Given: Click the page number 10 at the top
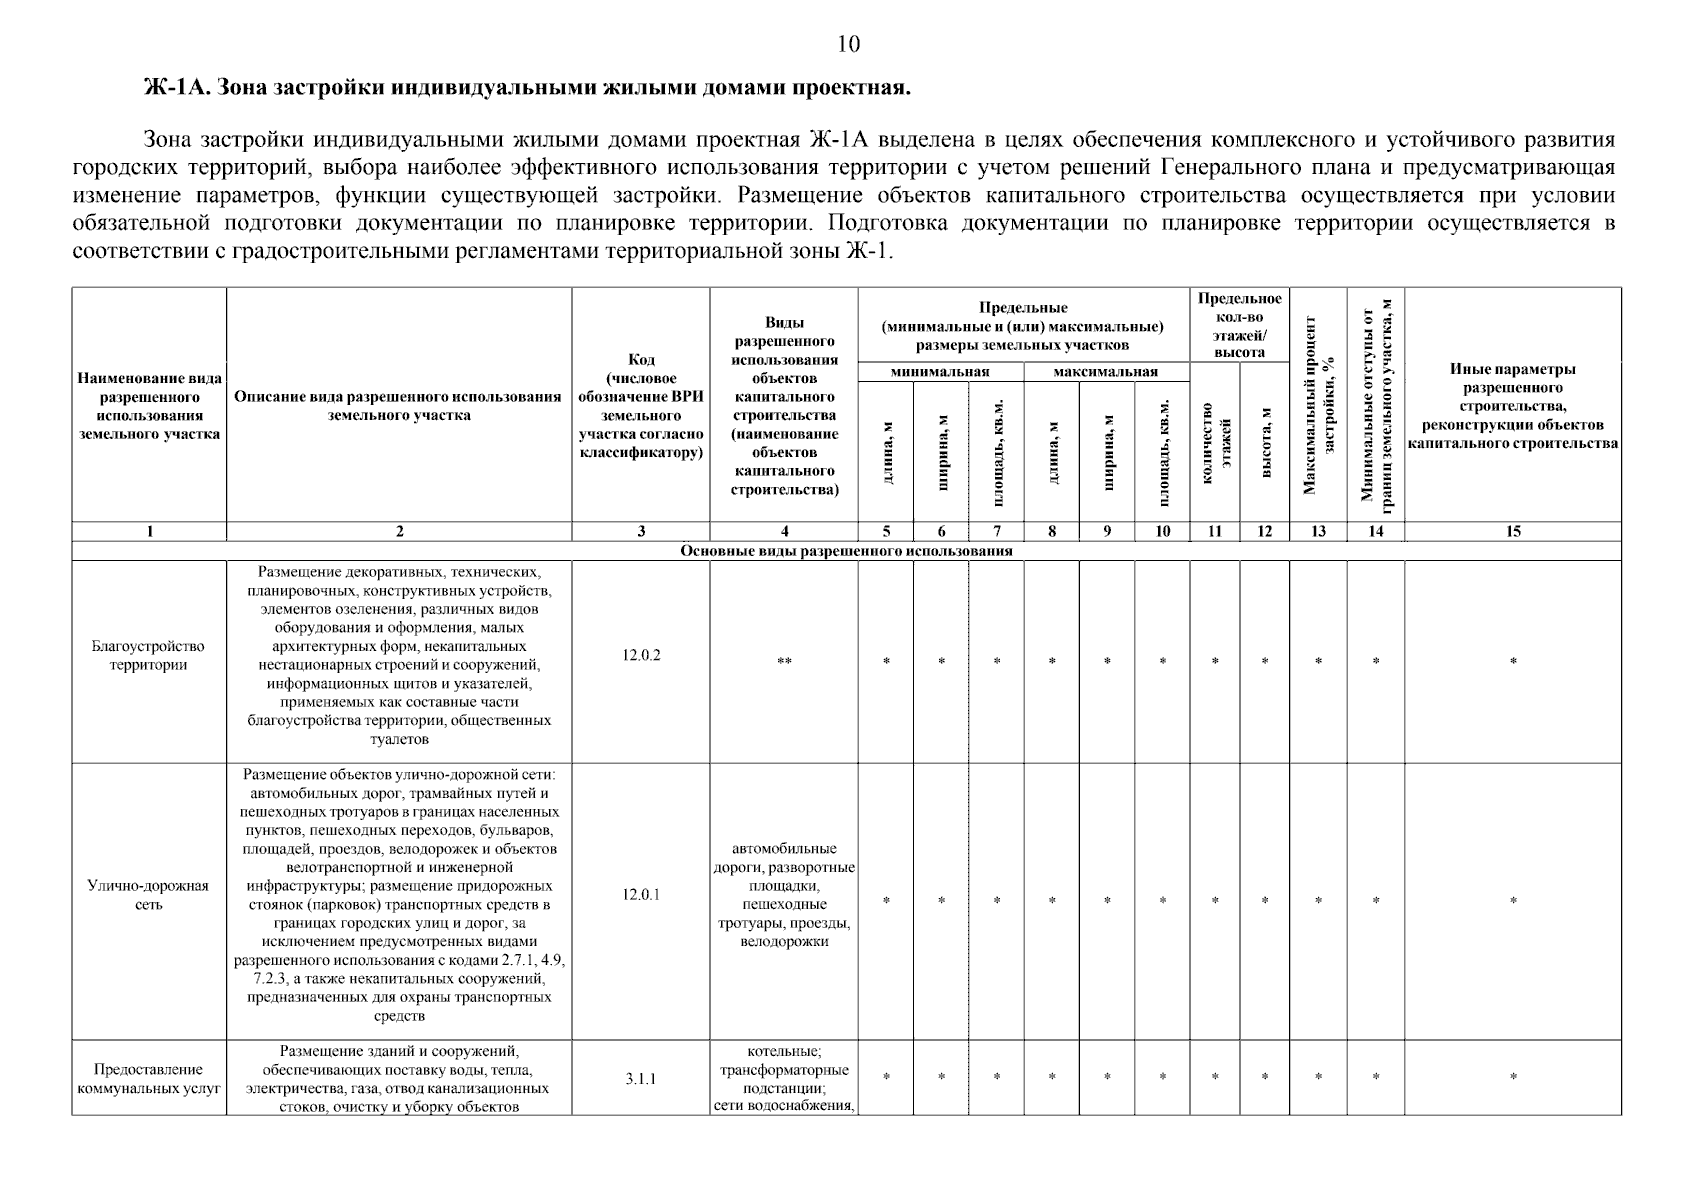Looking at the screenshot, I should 847,44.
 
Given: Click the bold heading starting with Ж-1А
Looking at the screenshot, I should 528,88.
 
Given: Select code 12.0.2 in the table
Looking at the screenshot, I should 641,656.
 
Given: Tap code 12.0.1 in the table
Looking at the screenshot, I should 641,895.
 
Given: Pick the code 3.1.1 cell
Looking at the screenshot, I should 641,1079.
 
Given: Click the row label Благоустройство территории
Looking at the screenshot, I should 148,656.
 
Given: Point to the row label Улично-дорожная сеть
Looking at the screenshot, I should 148,895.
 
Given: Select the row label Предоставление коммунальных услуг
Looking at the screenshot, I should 148,1079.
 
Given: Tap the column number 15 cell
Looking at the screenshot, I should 1512,532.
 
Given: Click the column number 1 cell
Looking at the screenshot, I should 149,532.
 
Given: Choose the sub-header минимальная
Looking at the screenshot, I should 940,372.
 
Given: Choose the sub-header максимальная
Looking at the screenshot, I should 1105,372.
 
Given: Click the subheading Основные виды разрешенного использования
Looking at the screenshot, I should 846,551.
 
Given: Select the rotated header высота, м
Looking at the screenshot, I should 1265,442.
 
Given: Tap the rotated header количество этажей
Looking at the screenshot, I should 1215,442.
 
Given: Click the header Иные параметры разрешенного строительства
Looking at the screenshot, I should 1512,406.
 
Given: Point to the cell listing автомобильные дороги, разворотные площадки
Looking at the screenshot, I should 784,895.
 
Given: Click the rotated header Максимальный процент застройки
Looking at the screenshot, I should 1318,405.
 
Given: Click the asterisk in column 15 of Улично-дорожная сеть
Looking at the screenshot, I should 1512,901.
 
